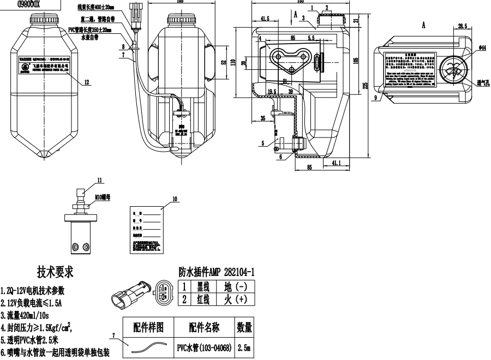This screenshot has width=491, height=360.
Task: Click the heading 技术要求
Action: (55, 272)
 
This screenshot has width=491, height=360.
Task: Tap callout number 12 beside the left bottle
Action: (87, 82)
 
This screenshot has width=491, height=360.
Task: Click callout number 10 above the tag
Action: (175, 199)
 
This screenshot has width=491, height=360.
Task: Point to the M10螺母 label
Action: (101, 198)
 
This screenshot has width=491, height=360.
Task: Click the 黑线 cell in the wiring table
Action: (203, 286)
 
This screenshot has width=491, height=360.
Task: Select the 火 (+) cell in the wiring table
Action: (235, 299)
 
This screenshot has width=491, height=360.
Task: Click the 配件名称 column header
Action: (204, 327)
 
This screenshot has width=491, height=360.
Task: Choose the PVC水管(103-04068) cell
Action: (204, 347)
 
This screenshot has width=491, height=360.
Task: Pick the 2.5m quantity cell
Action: (244, 347)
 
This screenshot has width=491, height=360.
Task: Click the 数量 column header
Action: (244, 327)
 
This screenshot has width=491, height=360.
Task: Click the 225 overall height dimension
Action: (365, 85)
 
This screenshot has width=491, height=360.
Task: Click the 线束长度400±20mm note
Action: (95, 8)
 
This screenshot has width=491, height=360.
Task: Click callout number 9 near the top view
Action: (376, 98)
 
